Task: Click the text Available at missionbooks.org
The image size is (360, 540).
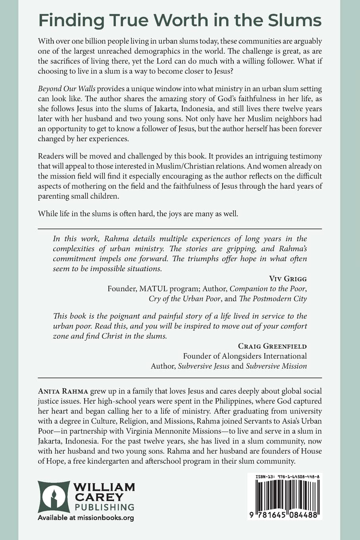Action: (86, 518)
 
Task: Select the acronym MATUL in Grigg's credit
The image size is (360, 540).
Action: (151, 288)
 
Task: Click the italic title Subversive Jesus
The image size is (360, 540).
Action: (204, 366)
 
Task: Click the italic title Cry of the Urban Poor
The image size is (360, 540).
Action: (185, 299)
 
